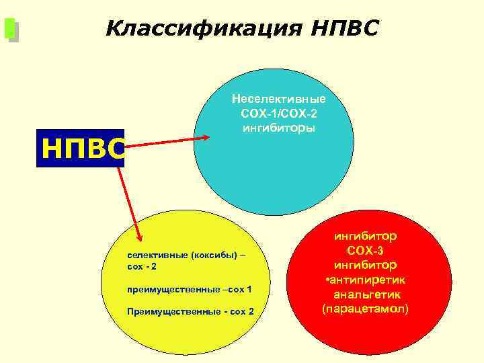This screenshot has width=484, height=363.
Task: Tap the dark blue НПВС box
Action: (81, 148)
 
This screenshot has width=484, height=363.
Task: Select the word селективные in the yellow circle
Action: (157, 256)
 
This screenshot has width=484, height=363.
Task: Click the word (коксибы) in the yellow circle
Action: (213, 256)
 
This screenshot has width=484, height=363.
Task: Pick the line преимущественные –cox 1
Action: (190, 290)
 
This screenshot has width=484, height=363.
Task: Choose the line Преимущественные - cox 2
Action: (190, 312)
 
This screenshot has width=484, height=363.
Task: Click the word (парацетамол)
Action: (365, 309)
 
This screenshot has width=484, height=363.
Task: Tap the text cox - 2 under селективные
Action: (142, 268)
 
